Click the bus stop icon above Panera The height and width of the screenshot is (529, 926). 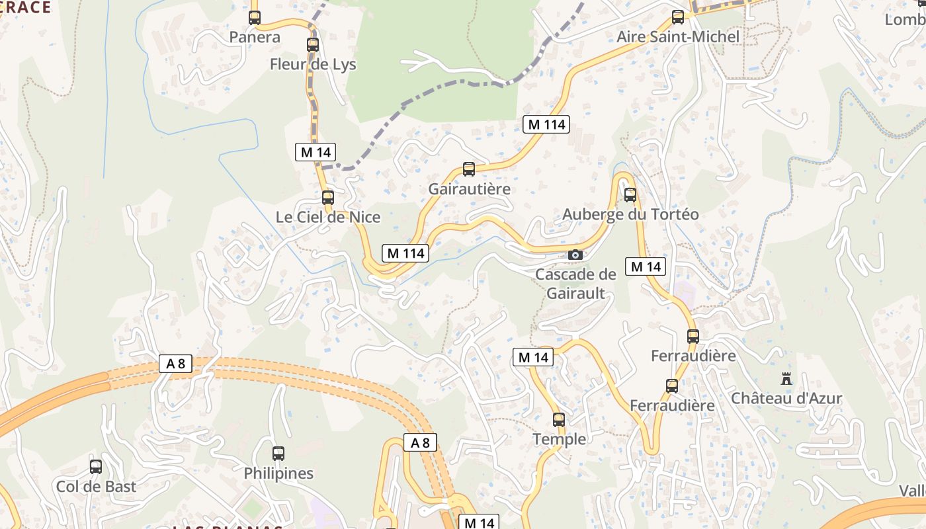(255, 18)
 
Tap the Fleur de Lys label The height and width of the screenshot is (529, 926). (313, 64)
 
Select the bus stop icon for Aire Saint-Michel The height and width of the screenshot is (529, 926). (678, 17)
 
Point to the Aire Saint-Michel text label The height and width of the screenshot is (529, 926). (678, 36)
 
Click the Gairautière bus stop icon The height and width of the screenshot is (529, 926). (469, 169)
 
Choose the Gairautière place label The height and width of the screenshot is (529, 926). (470, 188)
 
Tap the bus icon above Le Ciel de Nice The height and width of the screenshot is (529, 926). (328, 197)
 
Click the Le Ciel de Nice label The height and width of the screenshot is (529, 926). (328, 217)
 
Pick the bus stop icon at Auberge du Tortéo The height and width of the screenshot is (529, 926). (630, 195)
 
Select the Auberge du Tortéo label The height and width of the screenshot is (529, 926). (630, 214)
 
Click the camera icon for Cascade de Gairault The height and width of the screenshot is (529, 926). (575, 255)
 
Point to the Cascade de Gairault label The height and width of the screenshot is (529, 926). (575, 283)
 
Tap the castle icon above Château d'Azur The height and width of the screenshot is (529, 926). (786, 379)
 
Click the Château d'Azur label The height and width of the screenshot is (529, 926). (786, 398)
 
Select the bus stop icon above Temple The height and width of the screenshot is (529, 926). (559, 419)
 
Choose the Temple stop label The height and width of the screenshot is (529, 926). (560, 439)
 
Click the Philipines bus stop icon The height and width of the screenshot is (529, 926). (278, 454)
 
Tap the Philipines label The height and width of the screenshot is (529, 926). (278, 473)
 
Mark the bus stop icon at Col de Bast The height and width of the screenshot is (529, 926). (96, 467)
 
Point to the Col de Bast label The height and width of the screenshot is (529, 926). (96, 487)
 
